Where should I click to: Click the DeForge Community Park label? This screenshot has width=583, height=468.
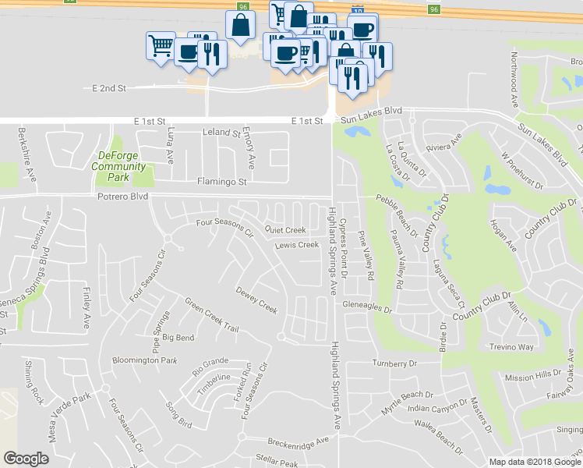tap(118, 160)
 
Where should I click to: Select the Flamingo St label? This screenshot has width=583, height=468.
tap(221, 182)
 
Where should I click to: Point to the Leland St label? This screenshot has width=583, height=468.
tap(221, 133)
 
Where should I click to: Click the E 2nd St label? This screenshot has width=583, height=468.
tap(109, 89)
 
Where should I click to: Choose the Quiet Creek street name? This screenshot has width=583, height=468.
tap(285, 230)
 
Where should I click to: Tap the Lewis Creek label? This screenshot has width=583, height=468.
tap(298, 245)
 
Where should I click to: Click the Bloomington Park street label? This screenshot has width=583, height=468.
tap(145, 360)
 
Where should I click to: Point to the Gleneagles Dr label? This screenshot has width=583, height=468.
tap(366, 308)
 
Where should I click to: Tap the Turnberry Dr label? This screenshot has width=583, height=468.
tap(395, 363)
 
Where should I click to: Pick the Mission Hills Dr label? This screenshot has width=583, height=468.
tap(532, 376)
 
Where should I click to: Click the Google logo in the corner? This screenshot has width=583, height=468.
tap(26, 459)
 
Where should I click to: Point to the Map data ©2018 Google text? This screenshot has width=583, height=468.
tap(534, 462)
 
